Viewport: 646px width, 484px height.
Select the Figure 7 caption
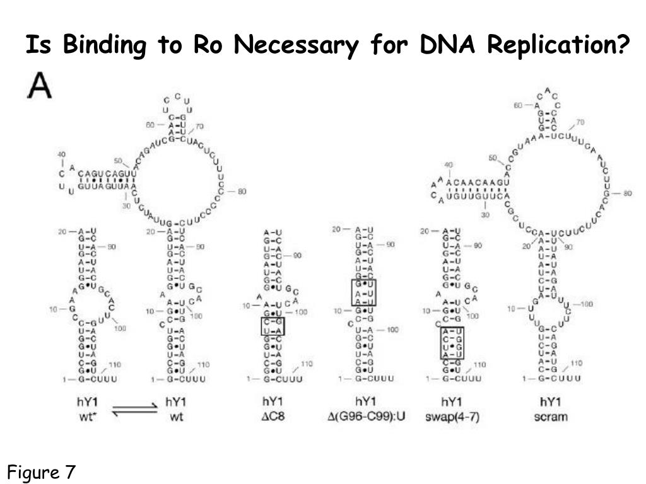click(42, 471)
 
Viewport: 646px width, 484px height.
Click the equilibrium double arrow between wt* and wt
click(134, 410)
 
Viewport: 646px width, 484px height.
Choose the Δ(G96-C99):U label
click(365, 417)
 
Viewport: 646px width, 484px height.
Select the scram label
click(551, 417)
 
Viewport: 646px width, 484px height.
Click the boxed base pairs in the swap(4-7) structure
click(452, 343)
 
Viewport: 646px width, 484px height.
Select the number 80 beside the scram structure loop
click(626, 193)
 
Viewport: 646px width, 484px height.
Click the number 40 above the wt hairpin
click(62, 154)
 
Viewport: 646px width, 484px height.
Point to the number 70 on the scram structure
click(580, 122)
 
